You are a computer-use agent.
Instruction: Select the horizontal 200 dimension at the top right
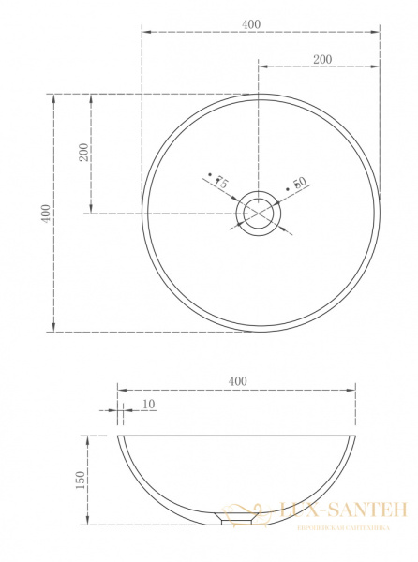(321, 58)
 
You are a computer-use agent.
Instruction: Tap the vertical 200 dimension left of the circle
(83, 153)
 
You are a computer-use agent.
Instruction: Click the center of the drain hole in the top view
(261, 213)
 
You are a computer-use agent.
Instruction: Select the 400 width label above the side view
(237, 380)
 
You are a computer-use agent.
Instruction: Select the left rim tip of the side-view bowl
(119, 436)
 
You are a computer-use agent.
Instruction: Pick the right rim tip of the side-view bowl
(355, 436)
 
